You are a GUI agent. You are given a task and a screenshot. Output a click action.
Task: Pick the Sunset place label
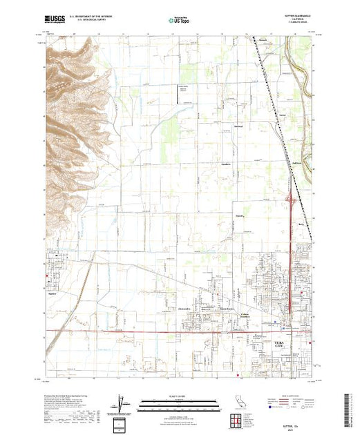tap(240, 214)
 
